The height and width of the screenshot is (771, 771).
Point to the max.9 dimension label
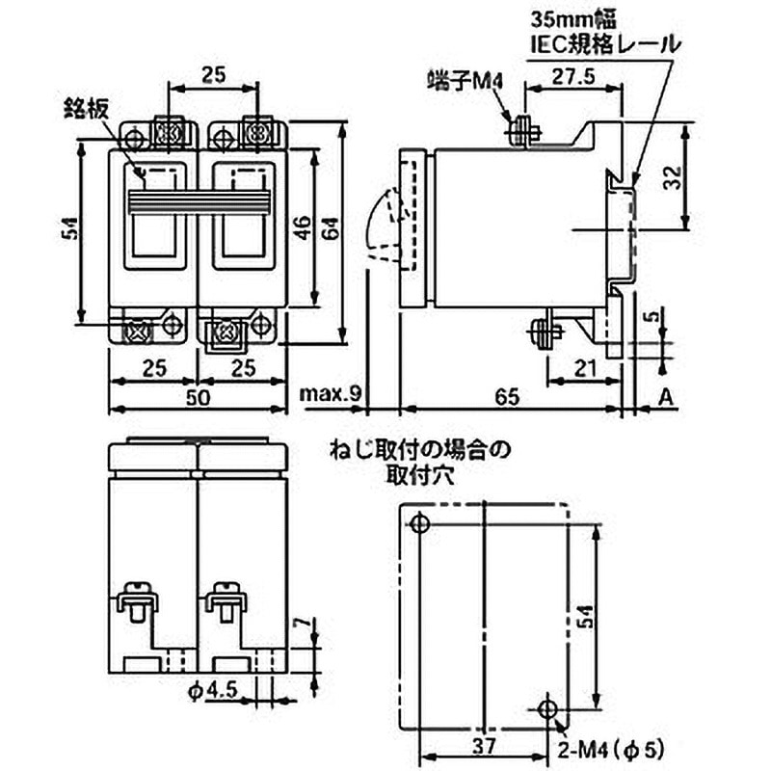pyautogui.click(x=331, y=394)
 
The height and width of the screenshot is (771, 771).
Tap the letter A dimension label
pyautogui.click(x=666, y=396)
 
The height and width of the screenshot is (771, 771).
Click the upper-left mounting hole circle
pyautogui.click(x=418, y=523)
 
